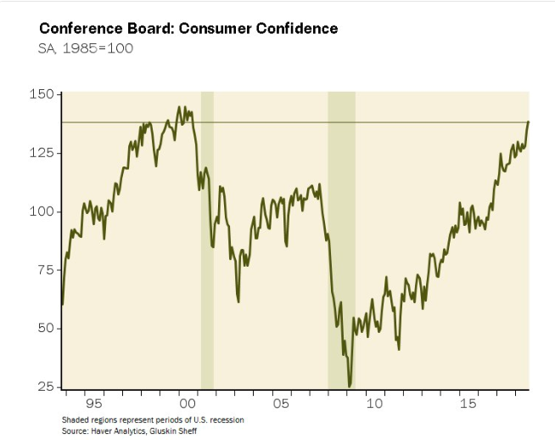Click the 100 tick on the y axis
coord(42,211)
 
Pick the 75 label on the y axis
coord(46,269)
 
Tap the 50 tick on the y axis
coord(46,328)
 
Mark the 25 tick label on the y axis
coord(46,387)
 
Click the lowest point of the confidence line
coord(350,386)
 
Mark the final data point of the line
coord(528,121)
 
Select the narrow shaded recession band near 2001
coord(206,255)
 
